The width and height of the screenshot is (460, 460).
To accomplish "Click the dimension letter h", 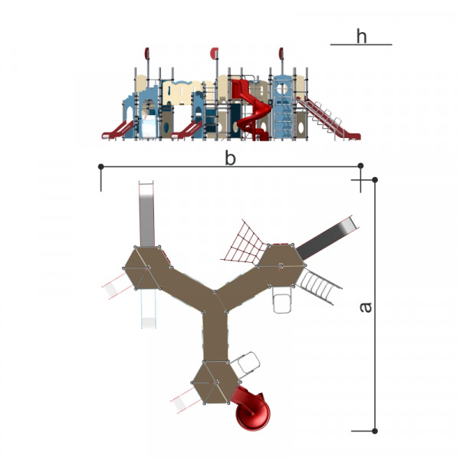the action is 361,36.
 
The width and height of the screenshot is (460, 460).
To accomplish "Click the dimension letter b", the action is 230,158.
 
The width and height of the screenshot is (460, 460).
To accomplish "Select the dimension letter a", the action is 366,307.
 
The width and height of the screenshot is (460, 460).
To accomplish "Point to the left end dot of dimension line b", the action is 101,166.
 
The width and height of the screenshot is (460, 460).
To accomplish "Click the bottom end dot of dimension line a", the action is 375,431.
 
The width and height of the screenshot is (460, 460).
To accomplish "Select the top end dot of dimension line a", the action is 375,180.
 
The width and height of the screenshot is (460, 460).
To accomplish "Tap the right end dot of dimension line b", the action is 360,166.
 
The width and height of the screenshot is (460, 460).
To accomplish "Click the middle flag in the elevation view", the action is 215,53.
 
